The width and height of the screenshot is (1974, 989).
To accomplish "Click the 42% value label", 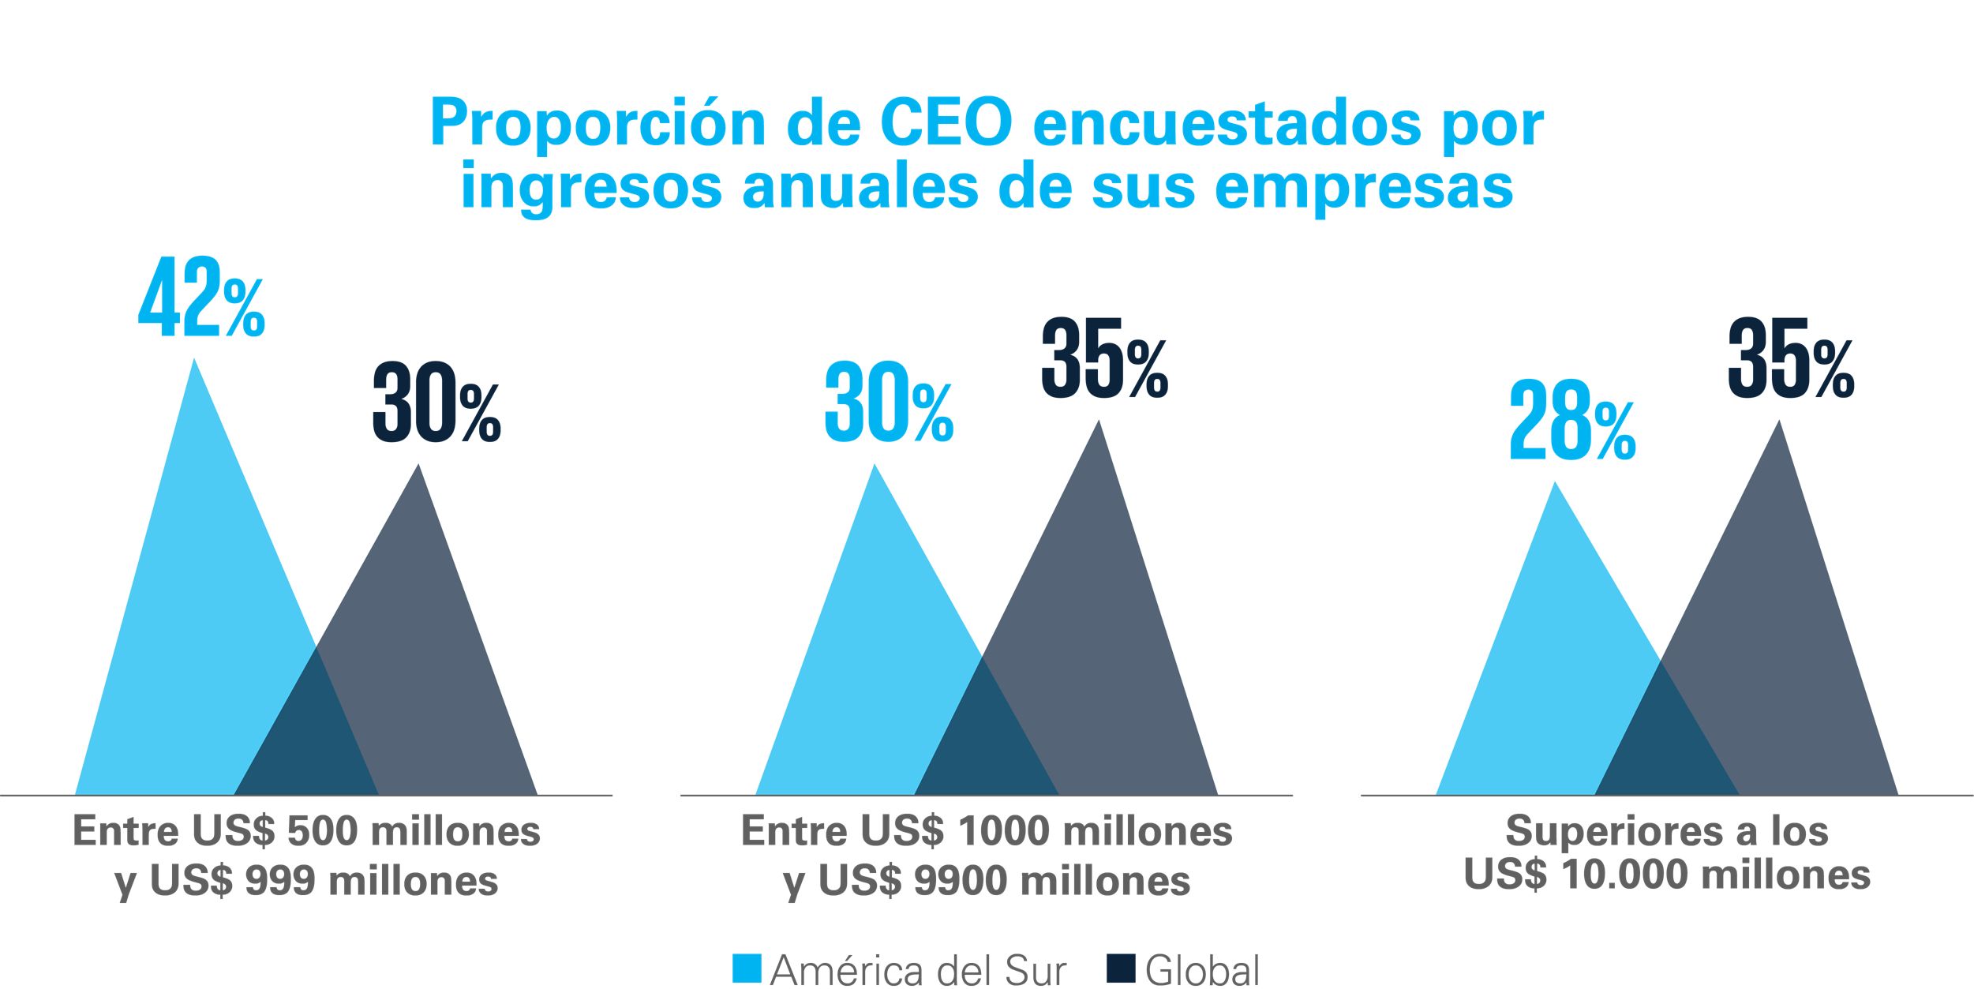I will point(201,297).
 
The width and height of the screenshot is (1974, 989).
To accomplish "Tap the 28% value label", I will point(1571,421).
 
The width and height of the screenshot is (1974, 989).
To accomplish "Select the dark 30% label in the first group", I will point(436,403).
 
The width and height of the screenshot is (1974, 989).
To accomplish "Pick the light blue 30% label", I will point(889,403).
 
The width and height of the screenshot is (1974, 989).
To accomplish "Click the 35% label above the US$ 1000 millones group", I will point(1104,358).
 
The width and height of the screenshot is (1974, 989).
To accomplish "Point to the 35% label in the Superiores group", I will point(1790,358).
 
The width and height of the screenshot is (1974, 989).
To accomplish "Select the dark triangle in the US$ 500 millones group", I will point(442,671).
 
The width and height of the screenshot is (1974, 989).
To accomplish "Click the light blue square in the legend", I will point(747,968).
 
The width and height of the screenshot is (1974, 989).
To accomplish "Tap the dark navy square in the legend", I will point(1121,968).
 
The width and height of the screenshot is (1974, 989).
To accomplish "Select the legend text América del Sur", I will point(918,970).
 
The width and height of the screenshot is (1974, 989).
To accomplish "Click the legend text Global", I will point(1202,970).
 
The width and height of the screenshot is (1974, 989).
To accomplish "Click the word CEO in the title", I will point(946,124).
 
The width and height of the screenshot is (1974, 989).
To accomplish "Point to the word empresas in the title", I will point(1364,187).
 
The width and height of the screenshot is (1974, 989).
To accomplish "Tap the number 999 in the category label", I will point(280,880).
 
